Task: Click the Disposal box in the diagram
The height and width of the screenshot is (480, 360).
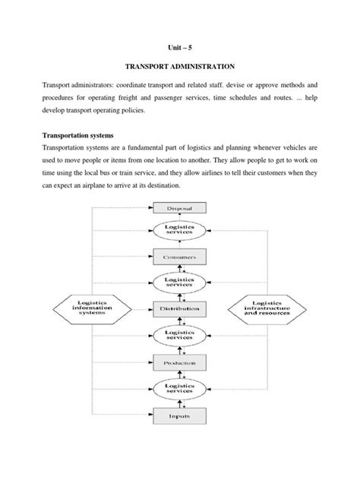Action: [x=180, y=207]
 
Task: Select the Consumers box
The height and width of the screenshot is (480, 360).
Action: [x=180, y=258]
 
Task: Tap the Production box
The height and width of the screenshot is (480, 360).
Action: [x=180, y=363]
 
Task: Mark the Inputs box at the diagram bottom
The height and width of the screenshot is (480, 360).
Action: [x=180, y=415]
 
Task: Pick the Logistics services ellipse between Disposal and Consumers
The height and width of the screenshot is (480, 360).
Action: [x=180, y=232]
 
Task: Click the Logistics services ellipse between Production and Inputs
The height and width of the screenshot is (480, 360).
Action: [x=180, y=390]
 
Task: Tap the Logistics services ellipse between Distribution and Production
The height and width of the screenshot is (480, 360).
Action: [x=180, y=336]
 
